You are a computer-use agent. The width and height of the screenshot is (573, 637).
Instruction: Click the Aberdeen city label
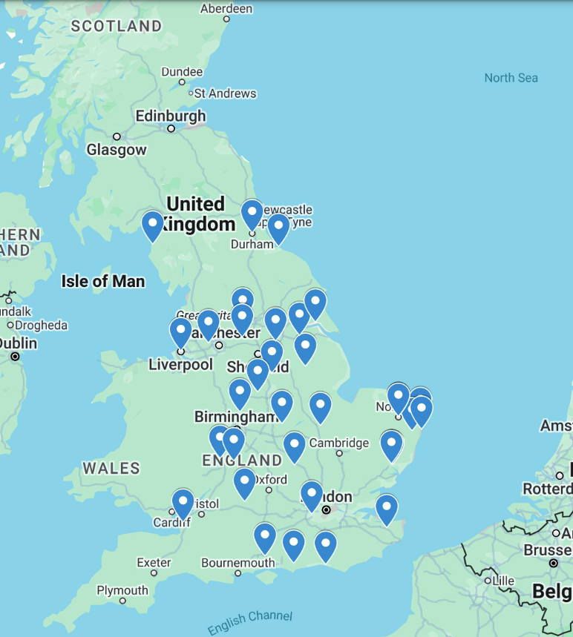coord(226,9)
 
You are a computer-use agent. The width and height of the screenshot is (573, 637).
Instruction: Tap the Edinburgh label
coord(171,116)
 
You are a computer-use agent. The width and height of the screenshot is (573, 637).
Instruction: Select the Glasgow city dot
coord(117,136)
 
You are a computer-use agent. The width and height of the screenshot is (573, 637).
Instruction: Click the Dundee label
coord(182,72)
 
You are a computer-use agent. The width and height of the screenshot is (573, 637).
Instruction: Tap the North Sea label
coord(511,78)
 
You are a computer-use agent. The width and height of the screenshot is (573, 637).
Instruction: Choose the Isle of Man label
coord(103,281)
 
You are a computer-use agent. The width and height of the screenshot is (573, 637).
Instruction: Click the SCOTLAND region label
coord(117,26)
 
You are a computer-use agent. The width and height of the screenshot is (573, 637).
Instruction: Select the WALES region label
coord(111,468)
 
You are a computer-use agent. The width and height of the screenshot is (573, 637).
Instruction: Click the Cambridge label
coord(338,443)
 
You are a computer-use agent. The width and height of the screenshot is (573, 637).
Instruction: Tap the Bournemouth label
coord(238,563)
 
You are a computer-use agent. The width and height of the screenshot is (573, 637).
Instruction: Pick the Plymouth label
coord(122,590)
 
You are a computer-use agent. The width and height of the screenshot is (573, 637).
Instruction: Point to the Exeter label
coord(154,563)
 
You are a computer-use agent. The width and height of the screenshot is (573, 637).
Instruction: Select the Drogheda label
coord(41,325)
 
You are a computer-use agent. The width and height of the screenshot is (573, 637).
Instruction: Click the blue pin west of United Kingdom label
coord(152,225)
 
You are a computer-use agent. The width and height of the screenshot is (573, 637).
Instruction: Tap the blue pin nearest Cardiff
coord(183,503)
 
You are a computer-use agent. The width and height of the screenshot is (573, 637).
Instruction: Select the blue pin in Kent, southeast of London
coord(386,509)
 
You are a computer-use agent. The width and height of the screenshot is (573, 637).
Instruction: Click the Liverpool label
coord(180,365)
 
